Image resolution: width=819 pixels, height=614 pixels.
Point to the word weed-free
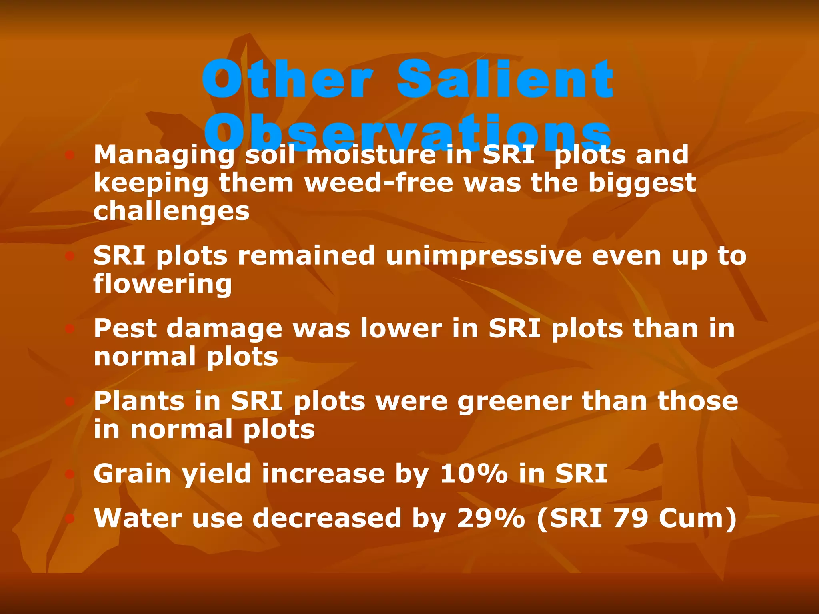click(x=379, y=183)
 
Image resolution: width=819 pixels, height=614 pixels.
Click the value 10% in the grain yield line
click(x=474, y=474)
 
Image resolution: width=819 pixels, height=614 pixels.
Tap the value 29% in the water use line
click(x=491, y=518)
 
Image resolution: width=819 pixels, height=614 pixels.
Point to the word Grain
click(x=132, y=474)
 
